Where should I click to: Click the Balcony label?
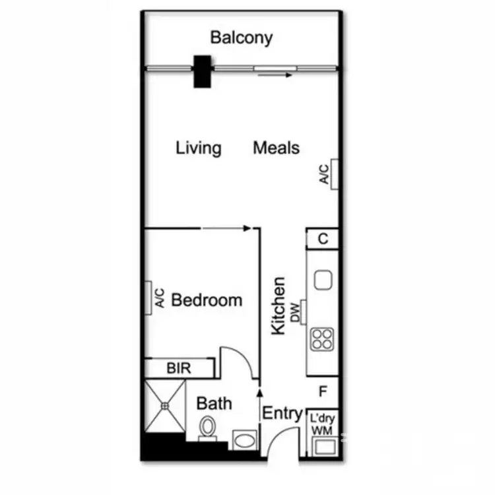pyautogui.click(x=241, y=37)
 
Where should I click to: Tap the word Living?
pyautogui.click(x=198, y=148)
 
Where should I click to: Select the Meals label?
pyautogui.click(x=276, y=148)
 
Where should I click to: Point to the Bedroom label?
pyautogui.click(x=207, y=300)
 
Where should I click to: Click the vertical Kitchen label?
pyautogui.click(x=280, y=305)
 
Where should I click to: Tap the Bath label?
pyautogui.click(x=214, y=402)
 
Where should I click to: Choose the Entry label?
pyautogui.click(x=282, y=414)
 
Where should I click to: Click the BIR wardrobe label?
pyautogui.click(x=178, y=368)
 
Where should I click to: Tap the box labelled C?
pyautogui.click(x=323, y=239)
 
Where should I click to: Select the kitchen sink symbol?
pyautogui.click(x=323, y=280)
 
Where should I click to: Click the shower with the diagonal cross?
pyautogui.click(x=166, y=401)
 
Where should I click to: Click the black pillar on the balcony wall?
pyautogui.click(x=201, y=71)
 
